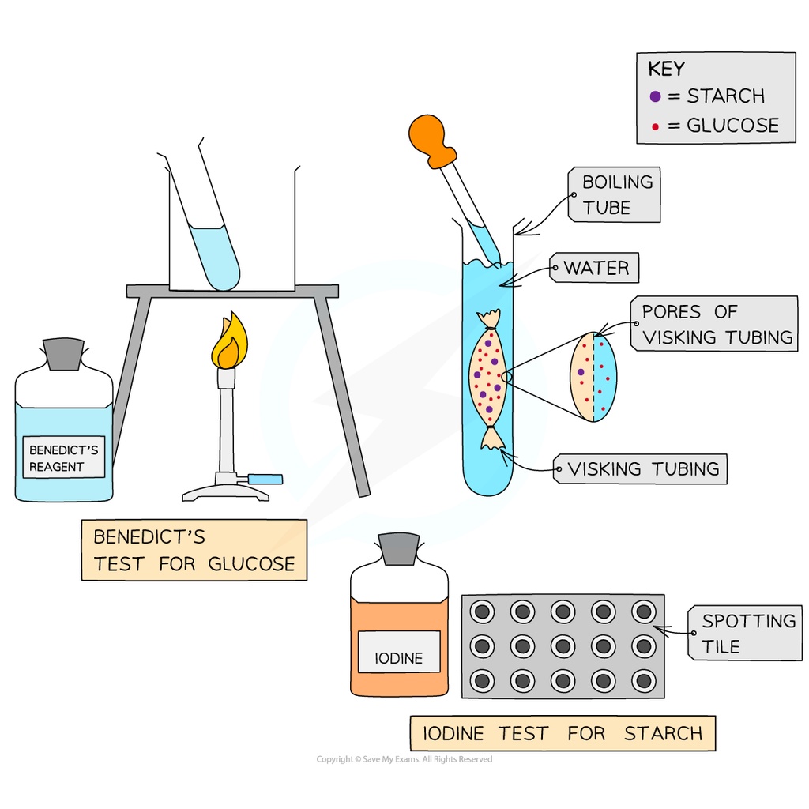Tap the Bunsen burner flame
coord(229,344)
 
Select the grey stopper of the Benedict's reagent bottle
coord(63,354)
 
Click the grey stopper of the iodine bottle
coord(399,548)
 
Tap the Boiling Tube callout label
coord(617,195)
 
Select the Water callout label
coord(596,269)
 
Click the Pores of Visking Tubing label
coord(717,324)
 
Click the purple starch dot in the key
coord(655,96)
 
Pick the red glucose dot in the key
coord(655,126)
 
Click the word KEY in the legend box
coord(666,69)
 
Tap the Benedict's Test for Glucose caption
coord(194,550)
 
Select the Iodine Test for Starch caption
coord(562,733)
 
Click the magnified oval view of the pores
coord(593,377)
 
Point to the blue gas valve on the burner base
coord(265,479)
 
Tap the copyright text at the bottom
coord(404,759)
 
